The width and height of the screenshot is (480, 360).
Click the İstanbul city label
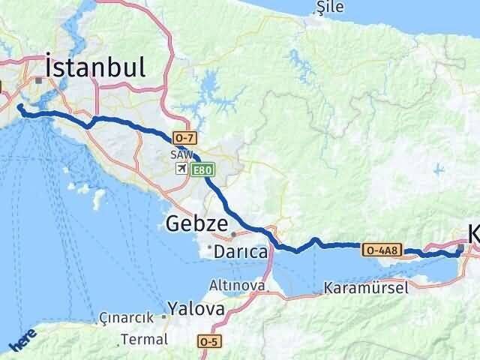point(95,67)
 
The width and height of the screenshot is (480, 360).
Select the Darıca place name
point(241,253)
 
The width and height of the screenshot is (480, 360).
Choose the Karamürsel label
point(366,287)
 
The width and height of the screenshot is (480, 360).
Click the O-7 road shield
point(184,138)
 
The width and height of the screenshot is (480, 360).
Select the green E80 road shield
point(203,171)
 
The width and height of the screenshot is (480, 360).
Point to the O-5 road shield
point(210,341)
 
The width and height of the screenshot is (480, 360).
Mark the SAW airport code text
point(181,154)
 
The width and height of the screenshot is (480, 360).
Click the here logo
point(22,341)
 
